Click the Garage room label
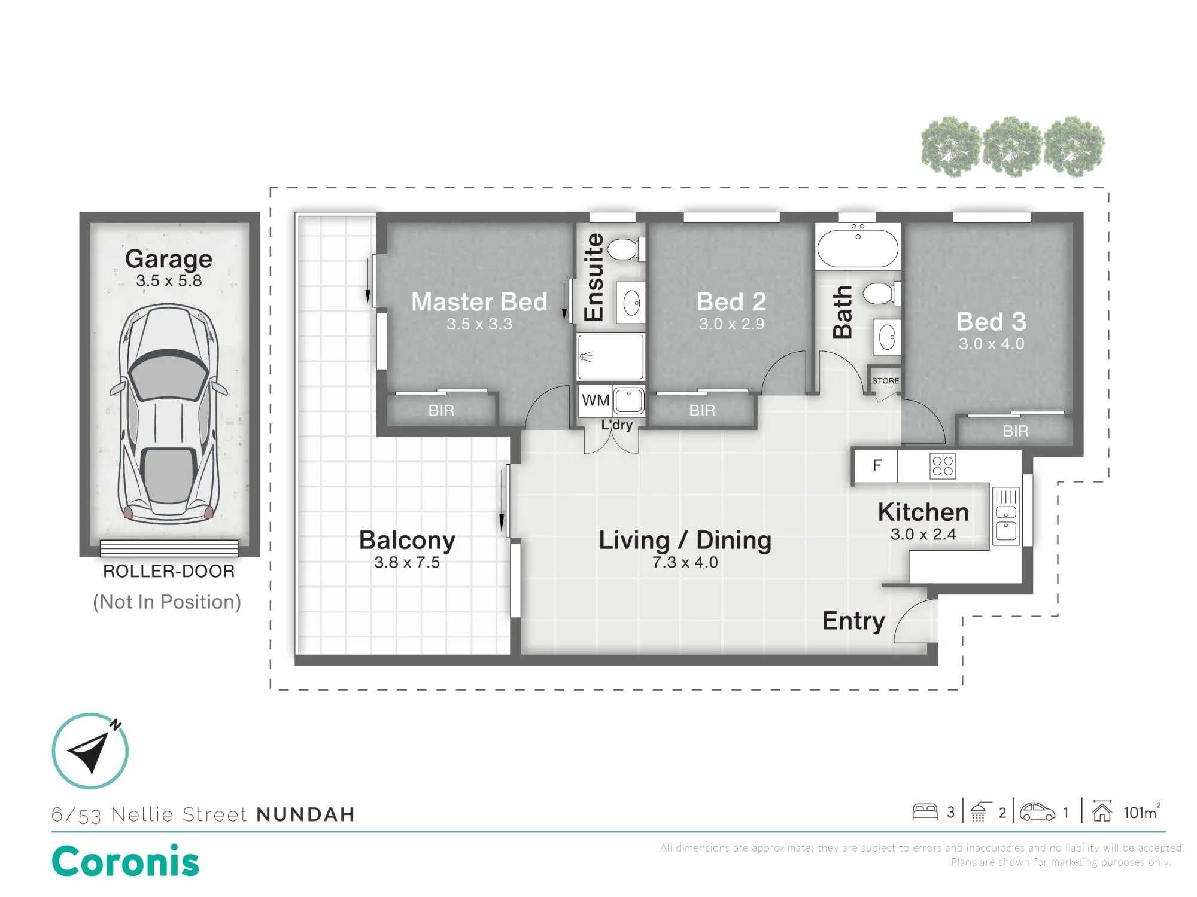pyautogui.click(x=169, y=259)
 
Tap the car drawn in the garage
pyautogui.click(x=169, y=413)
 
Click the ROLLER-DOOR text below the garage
pyautogui.click(x=169, y=571)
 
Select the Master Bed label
pyautogui.click(x=479, y=302)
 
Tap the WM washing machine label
pyautogui.click(x=596, y=400)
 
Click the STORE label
pyautogui.click(x=885, y=381)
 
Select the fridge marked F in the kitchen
pyautogui.click(x=876, y=466)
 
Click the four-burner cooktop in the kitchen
pyautogui.click(x=943, y=466)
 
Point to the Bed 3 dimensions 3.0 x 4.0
pyautogui.click(x=992, y=344)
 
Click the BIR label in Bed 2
pyautogui.click(x=702, y=411)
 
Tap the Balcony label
pyautogui.click(x=407, y=541)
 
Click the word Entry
pyautogui.click(x=853, y=621)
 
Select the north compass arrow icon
pyautogui.click(x=90, y=751)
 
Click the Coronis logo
pyautogui.click(x=126, y=862)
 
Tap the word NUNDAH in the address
pyautogui.click(x=306, y=814)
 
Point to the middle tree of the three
pyautogui.click(x=1013, y=147)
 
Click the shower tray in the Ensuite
pyautogui.click(x=610, y=356)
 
